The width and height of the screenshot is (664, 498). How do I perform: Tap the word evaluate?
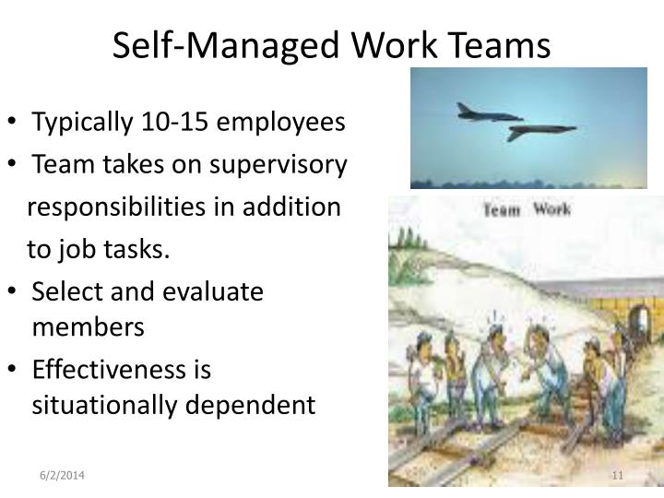(215, 292)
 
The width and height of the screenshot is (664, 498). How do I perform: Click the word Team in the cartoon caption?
(504, 209)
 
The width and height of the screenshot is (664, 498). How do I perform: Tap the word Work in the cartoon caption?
(551, 209)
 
